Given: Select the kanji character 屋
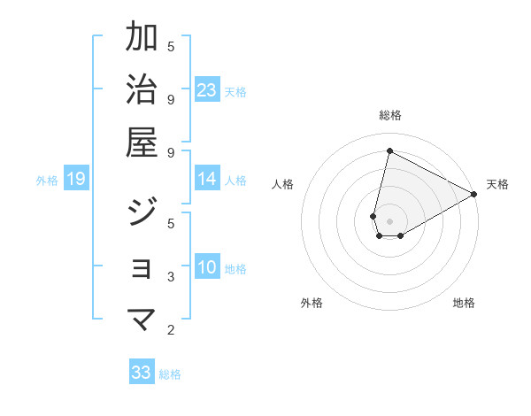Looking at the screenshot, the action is point(142,142).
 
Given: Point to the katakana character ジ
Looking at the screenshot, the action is point(142,214).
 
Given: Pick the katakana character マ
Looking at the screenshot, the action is point(142,320).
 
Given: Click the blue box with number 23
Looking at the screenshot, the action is point(207,89).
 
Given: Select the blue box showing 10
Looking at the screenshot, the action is point(207,267).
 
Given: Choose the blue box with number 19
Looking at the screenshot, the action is point(76,180).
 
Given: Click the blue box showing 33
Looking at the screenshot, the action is point(142,373).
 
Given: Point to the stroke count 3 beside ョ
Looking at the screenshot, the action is point(171,277).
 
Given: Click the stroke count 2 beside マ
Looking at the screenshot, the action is point(171,330).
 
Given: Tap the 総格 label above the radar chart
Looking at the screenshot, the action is point(389,115).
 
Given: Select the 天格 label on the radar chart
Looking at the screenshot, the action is point(497,184).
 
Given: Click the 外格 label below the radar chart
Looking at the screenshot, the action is point(312,303).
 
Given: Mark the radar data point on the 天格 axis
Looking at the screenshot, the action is point(474,194).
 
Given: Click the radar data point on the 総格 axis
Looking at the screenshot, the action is point(389,150).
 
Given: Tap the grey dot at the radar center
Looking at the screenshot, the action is point(389,220).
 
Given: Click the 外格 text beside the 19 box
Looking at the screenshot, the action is point(47,181).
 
